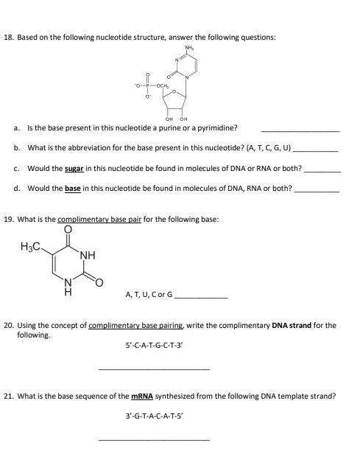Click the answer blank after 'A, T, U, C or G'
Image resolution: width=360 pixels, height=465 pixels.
200,297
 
